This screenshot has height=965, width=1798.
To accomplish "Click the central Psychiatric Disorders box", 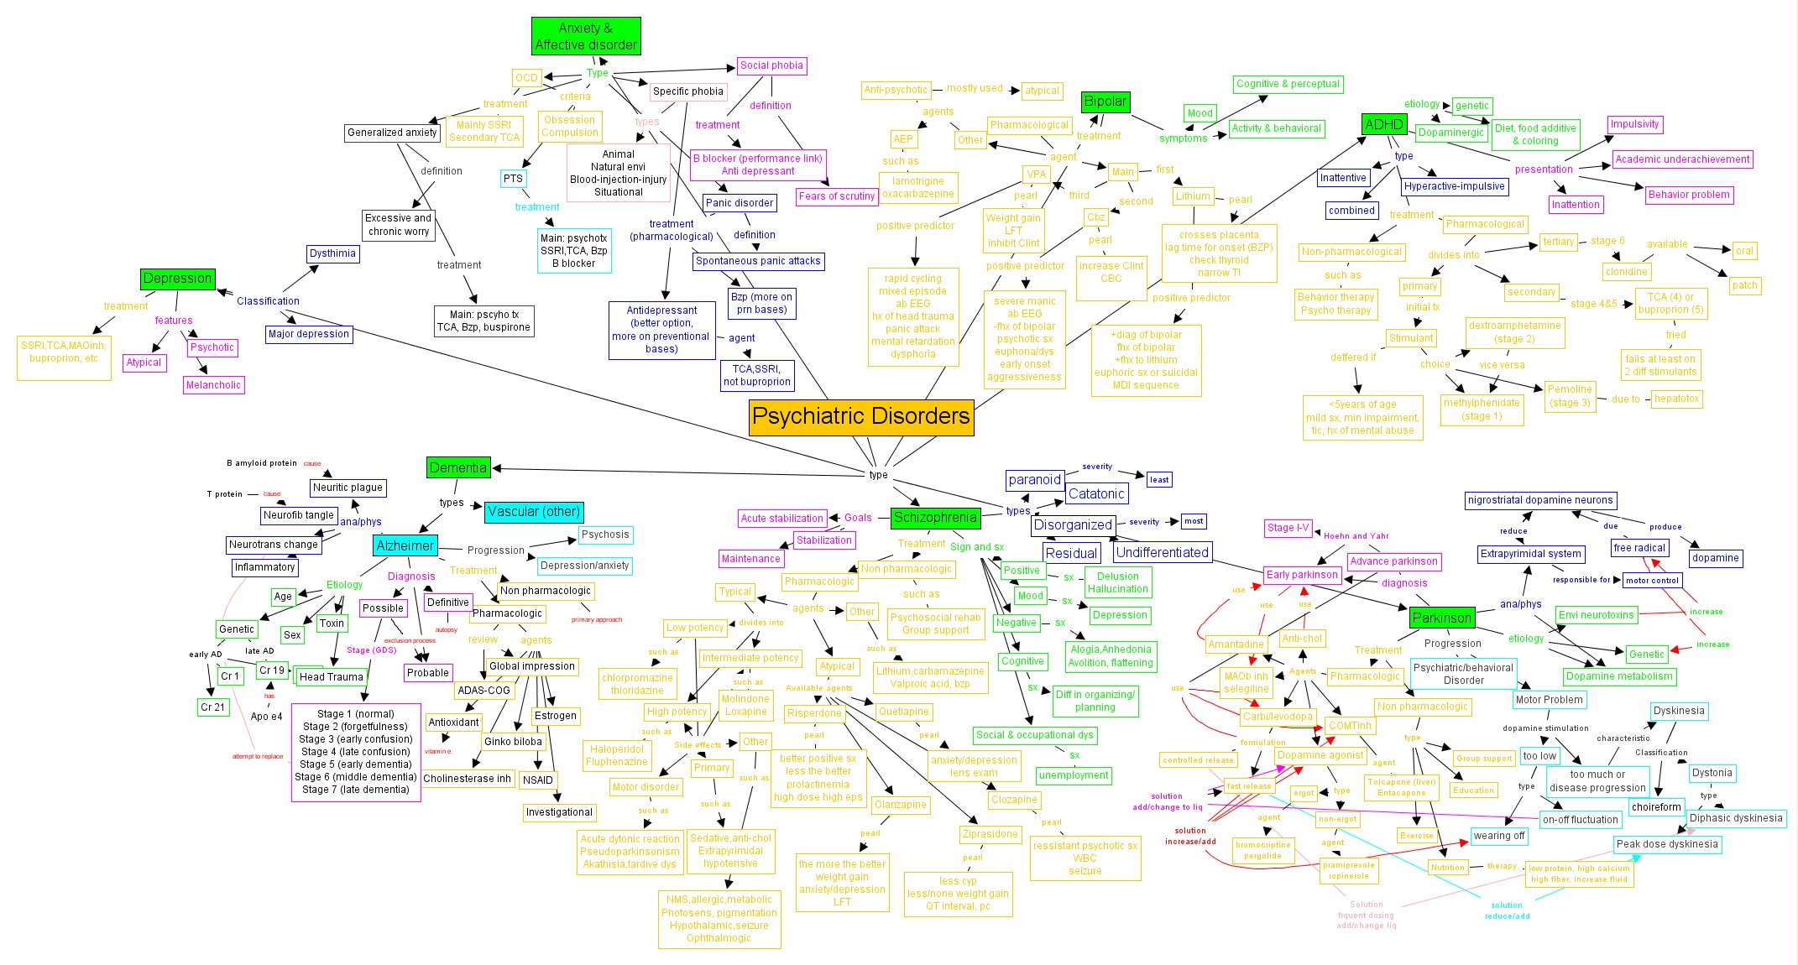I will point(861,417).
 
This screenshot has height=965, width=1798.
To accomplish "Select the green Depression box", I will point(177,279).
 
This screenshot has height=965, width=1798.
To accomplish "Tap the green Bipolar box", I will point(1105,102).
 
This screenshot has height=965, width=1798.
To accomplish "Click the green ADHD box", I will point(1383,125).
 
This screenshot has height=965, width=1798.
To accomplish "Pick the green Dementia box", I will point(457,467).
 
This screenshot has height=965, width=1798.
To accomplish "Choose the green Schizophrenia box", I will point(934,518).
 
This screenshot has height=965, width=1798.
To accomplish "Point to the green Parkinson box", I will point(1441,618).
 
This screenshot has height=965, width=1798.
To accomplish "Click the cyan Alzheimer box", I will point(405,545).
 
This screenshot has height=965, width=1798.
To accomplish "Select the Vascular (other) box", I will point(534,512).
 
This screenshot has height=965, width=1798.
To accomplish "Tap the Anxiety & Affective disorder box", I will point(586,37).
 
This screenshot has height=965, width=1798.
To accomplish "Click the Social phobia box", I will point(771,65).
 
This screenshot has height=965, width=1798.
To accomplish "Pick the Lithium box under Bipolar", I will point(1193,196).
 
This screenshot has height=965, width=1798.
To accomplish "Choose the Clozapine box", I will point(1014,800).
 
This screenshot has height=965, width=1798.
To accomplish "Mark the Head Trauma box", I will point(332,677).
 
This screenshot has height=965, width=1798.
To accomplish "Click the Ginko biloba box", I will point(514,742).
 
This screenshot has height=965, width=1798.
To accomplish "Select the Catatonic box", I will point(1096,494).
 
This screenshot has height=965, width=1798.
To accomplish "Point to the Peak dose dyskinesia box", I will point(1667,844).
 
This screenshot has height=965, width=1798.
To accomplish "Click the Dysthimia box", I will point(332,253).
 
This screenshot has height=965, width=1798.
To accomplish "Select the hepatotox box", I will point(1676,399).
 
